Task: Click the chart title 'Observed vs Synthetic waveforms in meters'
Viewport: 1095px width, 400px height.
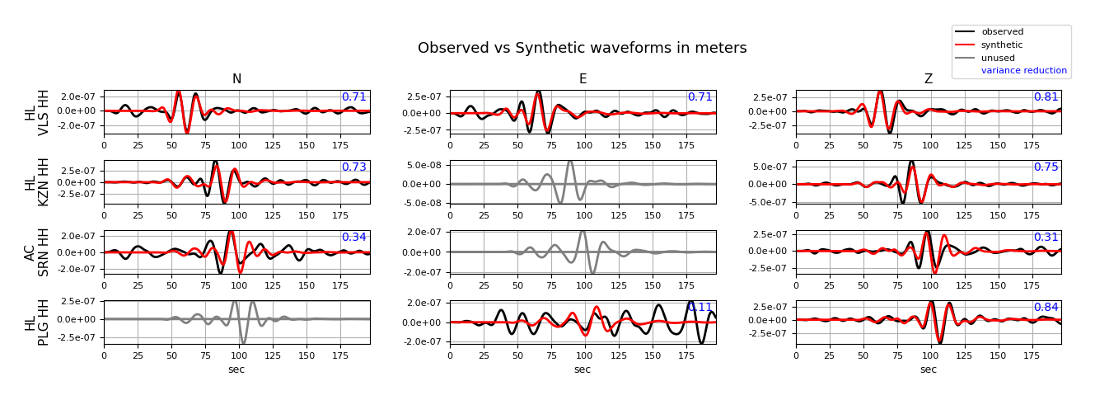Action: click(582, 48)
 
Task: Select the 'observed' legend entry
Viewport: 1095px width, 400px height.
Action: click(1002, 32)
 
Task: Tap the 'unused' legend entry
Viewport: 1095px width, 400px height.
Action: click(998, 58)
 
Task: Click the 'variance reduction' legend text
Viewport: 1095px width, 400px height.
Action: click(1023, 71)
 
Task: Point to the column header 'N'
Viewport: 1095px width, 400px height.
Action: click(236, 79)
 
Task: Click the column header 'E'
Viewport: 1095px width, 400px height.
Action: click(583, 79)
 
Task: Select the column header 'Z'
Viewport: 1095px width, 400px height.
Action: click(928, 79)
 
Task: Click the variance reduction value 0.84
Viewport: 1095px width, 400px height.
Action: click(1046, 308)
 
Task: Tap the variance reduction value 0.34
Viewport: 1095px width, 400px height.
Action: click(353, 238)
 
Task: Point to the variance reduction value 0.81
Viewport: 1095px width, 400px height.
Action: click(1046, 97)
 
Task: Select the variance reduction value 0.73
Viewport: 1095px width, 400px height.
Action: click(353, 167)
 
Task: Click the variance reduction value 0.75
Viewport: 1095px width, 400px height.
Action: click(1046, 167)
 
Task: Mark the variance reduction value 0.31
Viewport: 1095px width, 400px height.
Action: click(1046, 238)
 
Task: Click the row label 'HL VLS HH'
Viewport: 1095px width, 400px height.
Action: click(37, 112)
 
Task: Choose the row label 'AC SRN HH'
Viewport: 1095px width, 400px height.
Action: click(37, 252)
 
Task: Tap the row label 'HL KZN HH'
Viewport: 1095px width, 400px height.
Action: click(37, 182)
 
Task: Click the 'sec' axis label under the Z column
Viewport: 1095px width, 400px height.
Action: click(928, 369)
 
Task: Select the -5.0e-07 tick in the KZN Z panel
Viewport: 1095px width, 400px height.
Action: click(770, 202)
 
